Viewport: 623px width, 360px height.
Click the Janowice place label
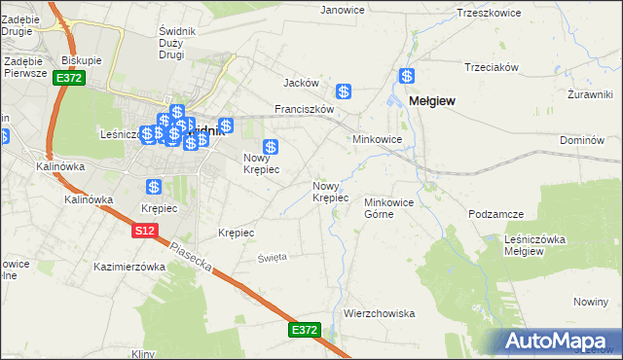[342, 10]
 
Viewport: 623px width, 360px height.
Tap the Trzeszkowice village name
[492, 13]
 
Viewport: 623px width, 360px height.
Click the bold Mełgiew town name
[433, 100]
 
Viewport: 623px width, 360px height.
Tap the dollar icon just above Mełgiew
[407, 76]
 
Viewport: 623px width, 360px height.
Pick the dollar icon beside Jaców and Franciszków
[344, 91]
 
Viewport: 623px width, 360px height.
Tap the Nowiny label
[591, 303]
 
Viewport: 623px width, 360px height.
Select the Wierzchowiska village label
[380, 313]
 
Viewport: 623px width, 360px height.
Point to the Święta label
[273, 257]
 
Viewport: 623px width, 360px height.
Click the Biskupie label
[82, 59]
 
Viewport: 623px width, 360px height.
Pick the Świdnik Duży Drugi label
[177, 43]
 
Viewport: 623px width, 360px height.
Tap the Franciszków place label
[305, 109]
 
